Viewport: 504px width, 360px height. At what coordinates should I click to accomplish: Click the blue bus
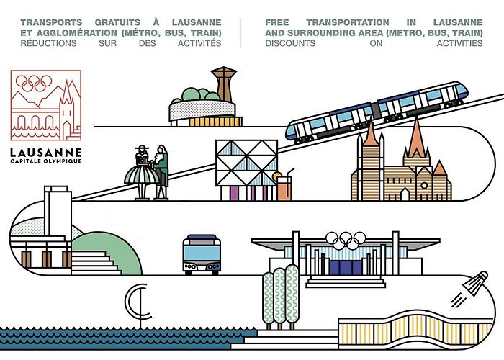pyautogui.click(x=202, y=255)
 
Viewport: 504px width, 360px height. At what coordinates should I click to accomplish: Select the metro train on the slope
pyautogui.click(x=377, y=112)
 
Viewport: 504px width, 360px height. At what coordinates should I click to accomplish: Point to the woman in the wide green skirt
pyautogui.click(x=141, y=173)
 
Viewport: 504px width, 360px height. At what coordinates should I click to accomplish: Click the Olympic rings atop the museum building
pyautogui.click(x=346, y=240)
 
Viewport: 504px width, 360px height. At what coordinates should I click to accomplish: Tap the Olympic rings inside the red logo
pyautogui.click(x=34, y=83)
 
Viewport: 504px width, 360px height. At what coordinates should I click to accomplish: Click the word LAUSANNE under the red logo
pyautogui.click(x=46, y=153)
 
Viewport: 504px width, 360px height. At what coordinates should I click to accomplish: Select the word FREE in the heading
pyautogui.click(x=276, y=22)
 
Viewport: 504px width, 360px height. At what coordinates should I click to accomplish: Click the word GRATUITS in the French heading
pyautogui.click(x=117, y=22)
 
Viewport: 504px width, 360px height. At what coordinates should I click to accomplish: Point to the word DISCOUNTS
pyautogui.click(x=290, y=43)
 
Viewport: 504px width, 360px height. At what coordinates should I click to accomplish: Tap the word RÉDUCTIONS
pyautogui.click(x=48, y=43)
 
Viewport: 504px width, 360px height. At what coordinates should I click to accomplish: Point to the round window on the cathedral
pyautogui.click(x=424, y=186)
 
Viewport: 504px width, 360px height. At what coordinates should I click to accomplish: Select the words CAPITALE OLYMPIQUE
pyautogui.click(x=46, y=161)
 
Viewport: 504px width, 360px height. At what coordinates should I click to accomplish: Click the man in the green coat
pyautogui.click(x=162, y=172)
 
